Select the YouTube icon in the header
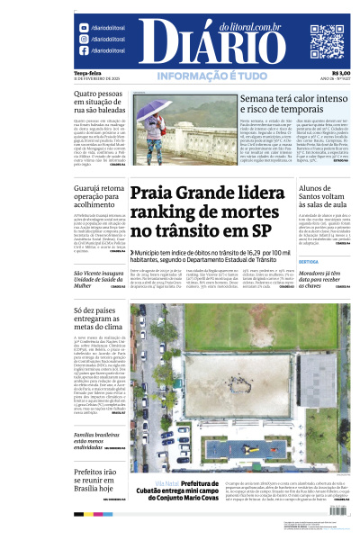tap(84, 51)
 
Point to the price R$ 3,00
tap(341, 73)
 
